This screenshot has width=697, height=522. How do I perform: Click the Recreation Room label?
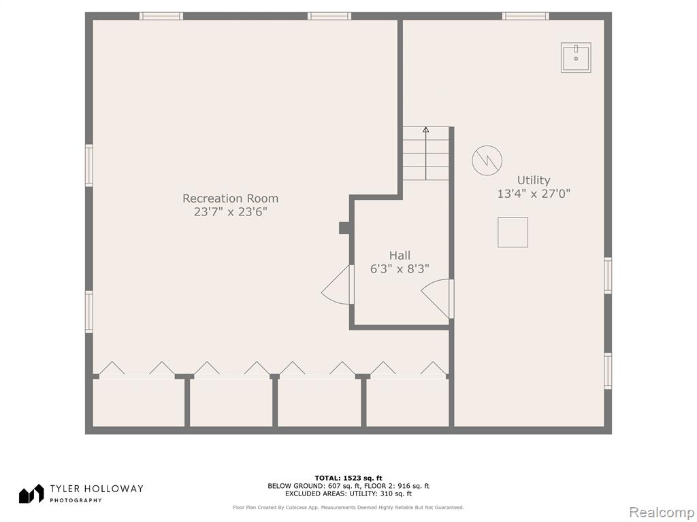[230, 198]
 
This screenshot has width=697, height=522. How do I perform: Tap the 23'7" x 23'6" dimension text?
[230, 212]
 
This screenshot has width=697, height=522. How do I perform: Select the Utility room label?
[534, 180]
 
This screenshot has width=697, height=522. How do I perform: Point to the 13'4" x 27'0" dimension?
[534, 194]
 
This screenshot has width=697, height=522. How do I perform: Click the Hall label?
[400, 256]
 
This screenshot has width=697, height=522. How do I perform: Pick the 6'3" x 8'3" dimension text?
[400, 268]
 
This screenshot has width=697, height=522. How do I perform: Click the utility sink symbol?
[576, 57]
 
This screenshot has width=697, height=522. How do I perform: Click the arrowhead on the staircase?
[426, 130]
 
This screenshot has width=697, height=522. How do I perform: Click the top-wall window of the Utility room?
[525, 16]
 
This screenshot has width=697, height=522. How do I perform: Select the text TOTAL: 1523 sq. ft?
[348, 478]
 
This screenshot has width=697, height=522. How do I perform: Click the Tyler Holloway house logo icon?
[31, 494]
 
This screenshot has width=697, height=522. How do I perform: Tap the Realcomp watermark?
[661, 512]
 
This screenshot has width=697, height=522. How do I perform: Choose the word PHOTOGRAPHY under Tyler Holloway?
[76, 500]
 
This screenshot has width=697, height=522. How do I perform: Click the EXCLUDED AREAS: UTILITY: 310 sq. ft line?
[348, 493]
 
